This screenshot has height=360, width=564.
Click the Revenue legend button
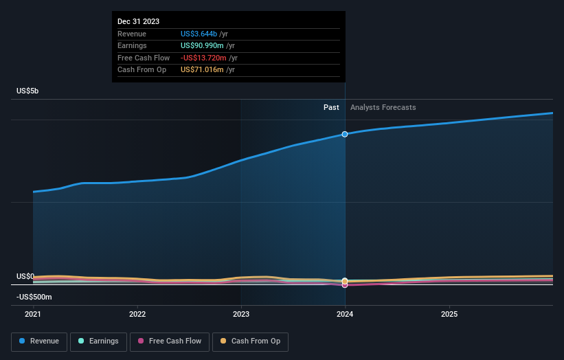39,341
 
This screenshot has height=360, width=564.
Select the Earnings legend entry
98,341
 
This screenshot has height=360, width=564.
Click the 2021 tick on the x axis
33,314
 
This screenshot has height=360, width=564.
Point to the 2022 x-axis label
137,314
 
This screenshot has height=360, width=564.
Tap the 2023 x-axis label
241,314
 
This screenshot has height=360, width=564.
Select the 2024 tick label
345,314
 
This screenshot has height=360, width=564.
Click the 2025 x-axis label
449,314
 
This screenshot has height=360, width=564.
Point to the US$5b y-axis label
28,91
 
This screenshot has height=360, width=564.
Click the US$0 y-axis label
25,276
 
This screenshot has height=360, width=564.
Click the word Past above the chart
331,107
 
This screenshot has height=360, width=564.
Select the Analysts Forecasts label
383,107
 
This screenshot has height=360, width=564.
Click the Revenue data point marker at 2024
345,134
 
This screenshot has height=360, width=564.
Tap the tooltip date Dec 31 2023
138,21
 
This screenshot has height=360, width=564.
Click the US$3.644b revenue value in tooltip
199,34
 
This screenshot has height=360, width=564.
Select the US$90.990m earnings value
201,45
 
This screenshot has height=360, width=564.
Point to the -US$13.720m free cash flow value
203,58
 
